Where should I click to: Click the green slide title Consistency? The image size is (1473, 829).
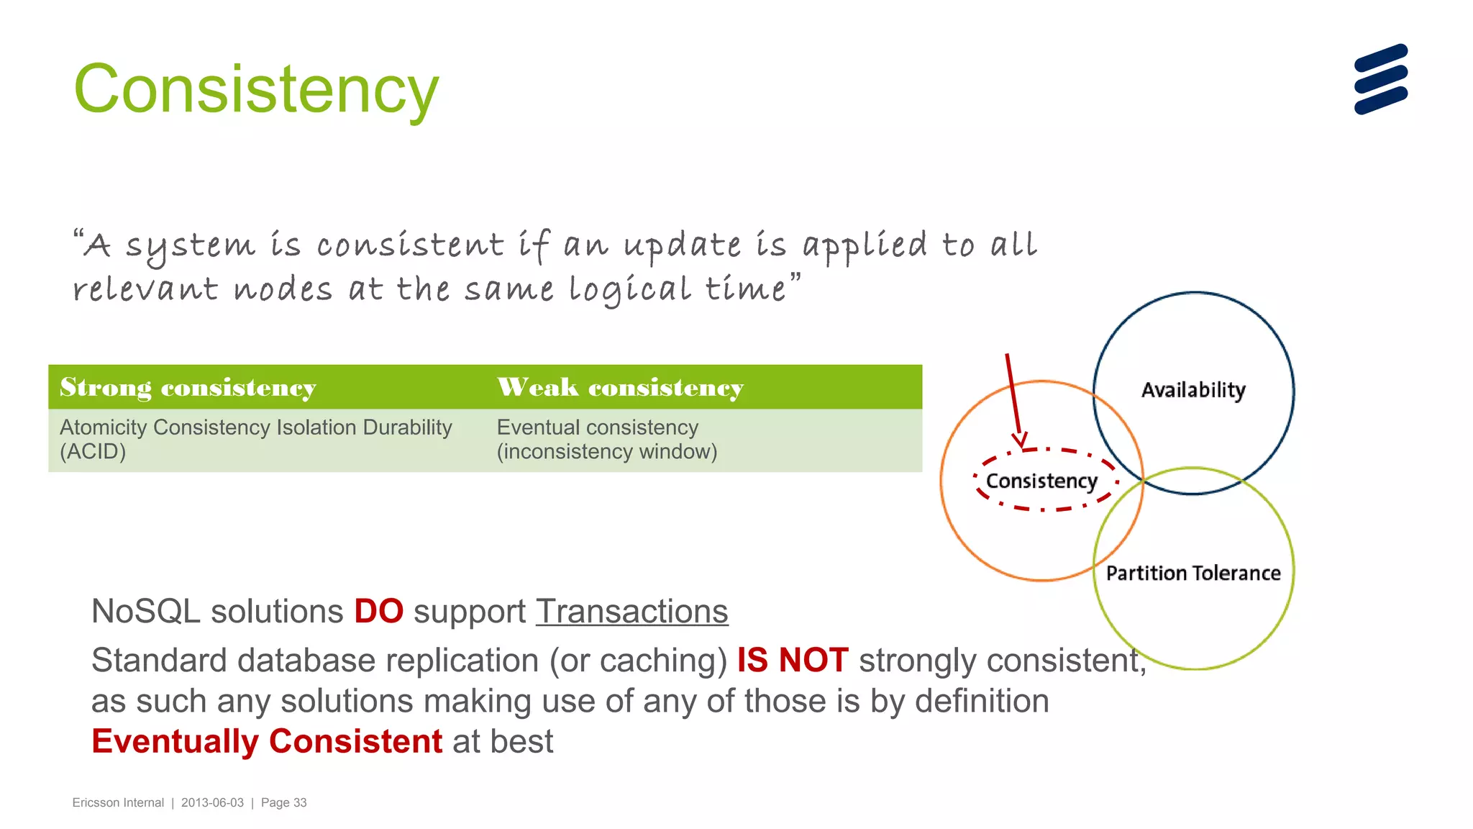pyautogui.click(x=256, y=89)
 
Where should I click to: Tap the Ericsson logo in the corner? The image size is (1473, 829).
pyautogui.click(x=1380, y=79)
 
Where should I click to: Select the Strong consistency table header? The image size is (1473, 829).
pyautogui.click(x=188, y=388)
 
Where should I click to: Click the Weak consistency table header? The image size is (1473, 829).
pyautogui.click(x=620, y=388)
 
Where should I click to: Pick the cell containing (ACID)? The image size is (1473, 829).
pyautogui.click(x=256, y=440)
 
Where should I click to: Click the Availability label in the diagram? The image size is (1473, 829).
pyautogui.click(x=1193, y=390)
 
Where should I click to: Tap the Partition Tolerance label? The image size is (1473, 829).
pyautogui.click(x=1193, y=574)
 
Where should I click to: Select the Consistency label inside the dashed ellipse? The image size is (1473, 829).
pyautogui.click(x=1041, y=481)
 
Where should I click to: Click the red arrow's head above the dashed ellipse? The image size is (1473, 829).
pyautogui.click(x=1019, y=440)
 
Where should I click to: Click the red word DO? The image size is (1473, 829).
pyautogui.click(x=378, y=612)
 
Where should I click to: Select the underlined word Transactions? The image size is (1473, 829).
pyautogui.click(x=631, y=612)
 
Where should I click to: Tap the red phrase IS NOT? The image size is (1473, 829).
pyautogui.click(x=793, y=660)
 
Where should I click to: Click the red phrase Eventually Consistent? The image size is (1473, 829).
pyautogui.click(x=267, y=741)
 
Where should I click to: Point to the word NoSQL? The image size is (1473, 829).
pyautogui.click(x=146, y=612)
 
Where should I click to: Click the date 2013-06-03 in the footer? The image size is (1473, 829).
pyautogui.click(x=212, y=802)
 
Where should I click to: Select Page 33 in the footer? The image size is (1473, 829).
pyautogui.click(x=283, y=802)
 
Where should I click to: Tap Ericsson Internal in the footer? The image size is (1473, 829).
pyautogui.click(x=118, y=802)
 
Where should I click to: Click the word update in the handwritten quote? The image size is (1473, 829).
pyautogui.click(x=682, y=247)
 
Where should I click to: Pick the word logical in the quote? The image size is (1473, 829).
pyautogui.click(x=630, y=291)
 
